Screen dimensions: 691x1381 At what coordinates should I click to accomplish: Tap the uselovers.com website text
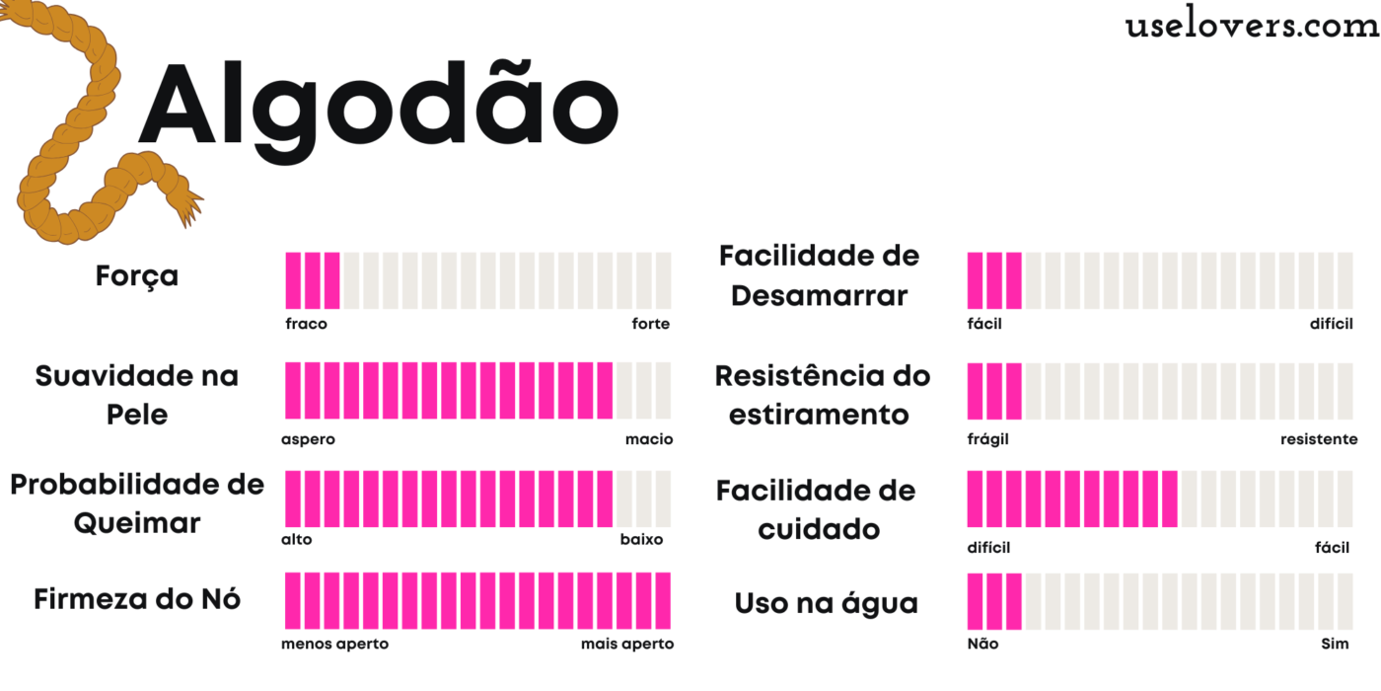1252,26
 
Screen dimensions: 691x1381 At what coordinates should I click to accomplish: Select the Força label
137,275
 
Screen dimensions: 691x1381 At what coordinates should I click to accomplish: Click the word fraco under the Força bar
306,324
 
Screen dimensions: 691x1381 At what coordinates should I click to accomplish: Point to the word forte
650,324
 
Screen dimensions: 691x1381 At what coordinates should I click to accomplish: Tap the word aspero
308,439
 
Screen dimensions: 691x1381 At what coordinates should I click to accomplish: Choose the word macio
649,439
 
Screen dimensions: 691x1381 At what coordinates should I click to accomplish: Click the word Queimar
137,523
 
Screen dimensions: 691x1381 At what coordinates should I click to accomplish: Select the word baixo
641,540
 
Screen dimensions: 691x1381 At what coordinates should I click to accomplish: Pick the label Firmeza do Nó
137,599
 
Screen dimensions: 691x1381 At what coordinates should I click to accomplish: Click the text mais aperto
627,645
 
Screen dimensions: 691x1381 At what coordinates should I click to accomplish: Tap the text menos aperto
334,645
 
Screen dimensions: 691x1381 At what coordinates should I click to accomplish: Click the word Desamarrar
819,295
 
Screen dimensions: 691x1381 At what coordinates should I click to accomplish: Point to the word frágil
987,439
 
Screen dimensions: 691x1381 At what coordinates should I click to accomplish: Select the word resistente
1318,439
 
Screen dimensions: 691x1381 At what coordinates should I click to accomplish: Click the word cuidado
819,529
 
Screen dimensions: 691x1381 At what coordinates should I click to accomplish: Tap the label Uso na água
826,603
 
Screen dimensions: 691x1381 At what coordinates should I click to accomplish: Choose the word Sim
1335,645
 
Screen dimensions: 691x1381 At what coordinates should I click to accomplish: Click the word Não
982,645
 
